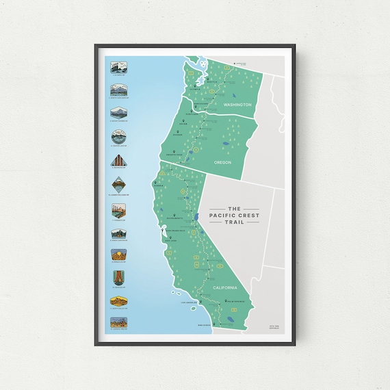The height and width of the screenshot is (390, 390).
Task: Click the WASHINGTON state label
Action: point(237,105)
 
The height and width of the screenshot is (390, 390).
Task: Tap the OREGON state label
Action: point(222,162)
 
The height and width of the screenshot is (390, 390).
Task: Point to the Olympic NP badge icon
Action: point(118,67)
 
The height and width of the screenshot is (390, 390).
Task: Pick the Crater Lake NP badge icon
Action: point(118,137)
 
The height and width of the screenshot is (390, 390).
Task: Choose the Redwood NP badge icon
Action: point(118,161)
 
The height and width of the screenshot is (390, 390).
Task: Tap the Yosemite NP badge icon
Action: point(118,208)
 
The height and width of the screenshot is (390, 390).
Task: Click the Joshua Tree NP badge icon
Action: point(118,323)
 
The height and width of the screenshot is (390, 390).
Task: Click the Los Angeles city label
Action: point(190,302)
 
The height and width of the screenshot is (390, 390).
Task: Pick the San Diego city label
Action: point(205,325)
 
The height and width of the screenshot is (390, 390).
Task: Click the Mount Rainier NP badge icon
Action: point(118,114)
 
